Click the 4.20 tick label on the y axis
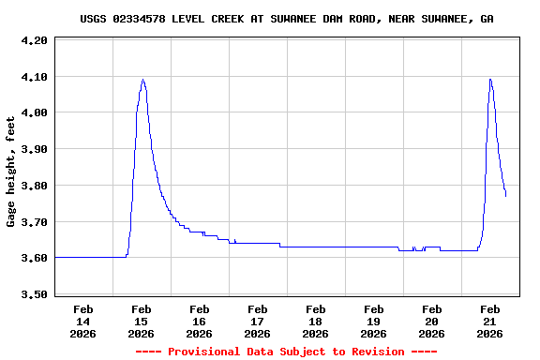pos(34,40)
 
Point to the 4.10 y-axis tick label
pos(34,77)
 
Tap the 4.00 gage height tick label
pos(34,113)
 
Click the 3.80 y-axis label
pos(34,186)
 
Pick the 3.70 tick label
pos(34,222)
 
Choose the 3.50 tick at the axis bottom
pos(34,294)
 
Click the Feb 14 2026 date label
pos(82,321)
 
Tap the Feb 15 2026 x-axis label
pos(141,321)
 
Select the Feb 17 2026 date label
pos(257,321)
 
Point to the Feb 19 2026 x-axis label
pos(373,321)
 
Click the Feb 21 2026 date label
pos(489,321)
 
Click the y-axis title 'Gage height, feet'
pos(11,172)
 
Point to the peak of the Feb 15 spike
pos(142,80)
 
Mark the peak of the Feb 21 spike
pos(489,80)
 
